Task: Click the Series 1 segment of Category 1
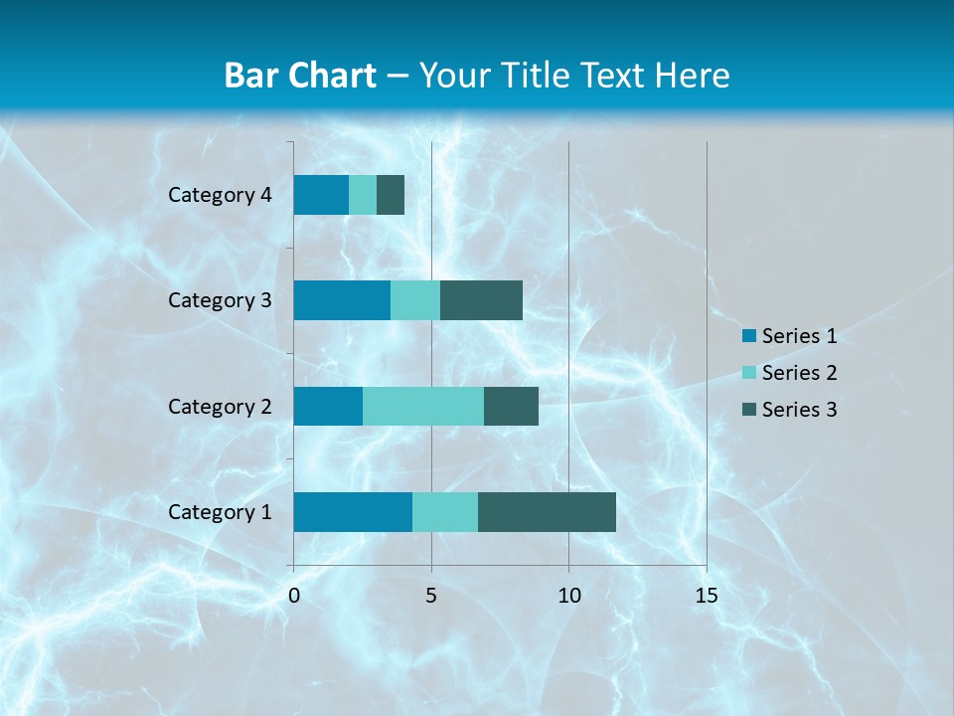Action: (x=353, y=512)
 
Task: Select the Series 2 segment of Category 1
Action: (x=445, y=512)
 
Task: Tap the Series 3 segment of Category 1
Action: (x=547, y=512)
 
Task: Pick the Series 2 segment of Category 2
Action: (x=423, y=407)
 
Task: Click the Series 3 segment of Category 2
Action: (x=511, y=407)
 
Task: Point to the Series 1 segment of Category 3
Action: (x=342, y=300)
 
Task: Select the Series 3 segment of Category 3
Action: (x=481, y=300)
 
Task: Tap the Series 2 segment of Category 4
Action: (x=363, y=195)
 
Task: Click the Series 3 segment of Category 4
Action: (x=391, y=195)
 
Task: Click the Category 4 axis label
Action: (x=220, y=195)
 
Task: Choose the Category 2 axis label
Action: (x=220, y=407)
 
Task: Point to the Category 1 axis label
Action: (x=220, y=512)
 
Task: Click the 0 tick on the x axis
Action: (x=294, y=597)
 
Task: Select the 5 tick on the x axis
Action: (x=431, y=597)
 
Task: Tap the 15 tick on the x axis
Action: (x=706, y=597)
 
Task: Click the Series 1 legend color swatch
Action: (x=748, y=336)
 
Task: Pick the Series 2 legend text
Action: (x=799, y=373)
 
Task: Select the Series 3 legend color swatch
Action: (x=748, y=410)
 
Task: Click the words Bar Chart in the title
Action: (x=299, y=76)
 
